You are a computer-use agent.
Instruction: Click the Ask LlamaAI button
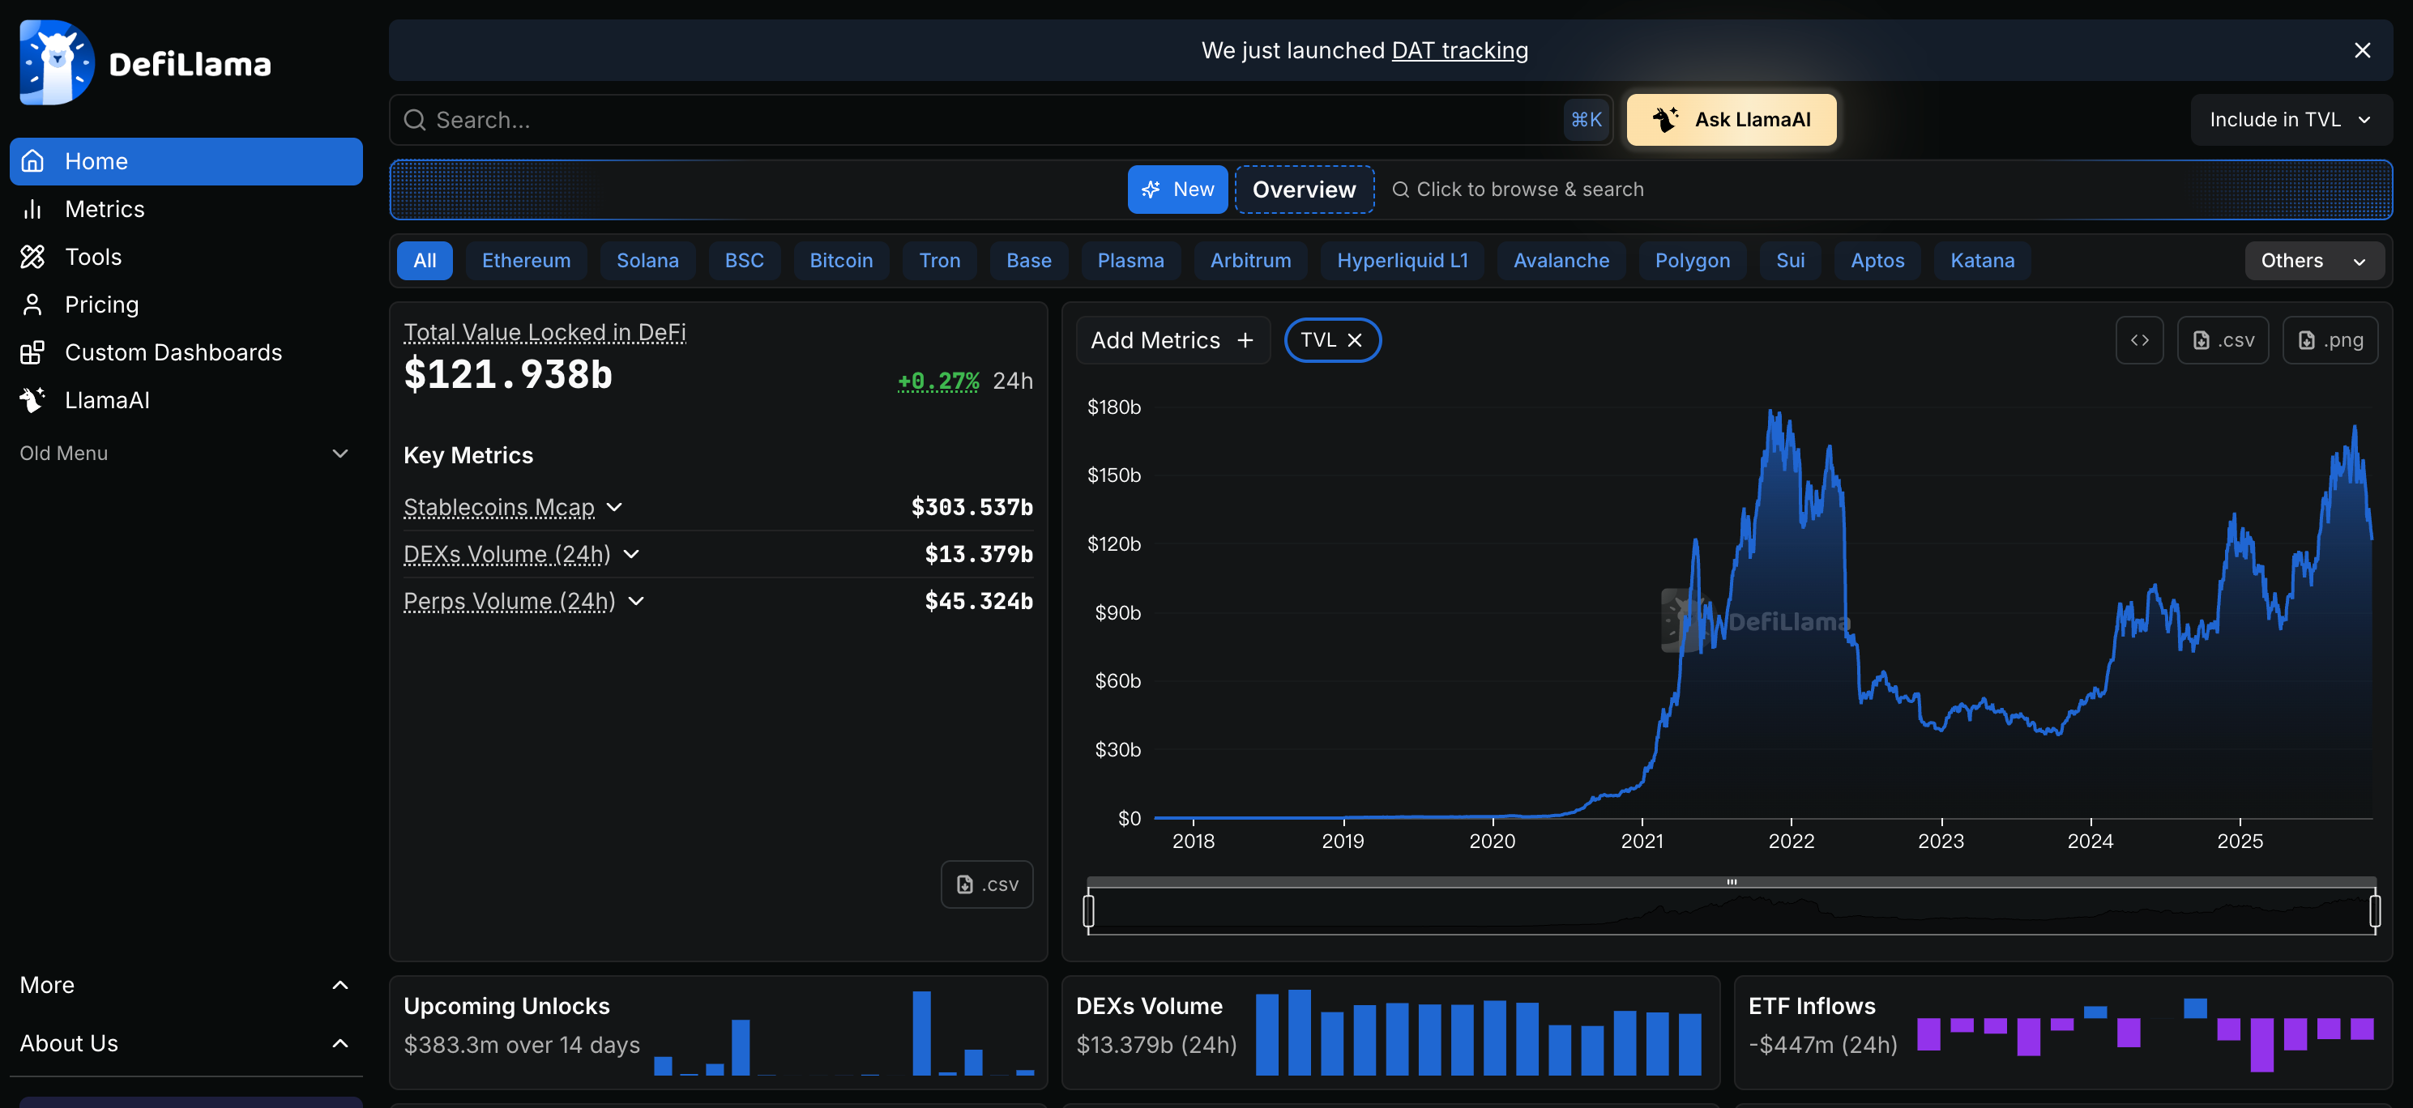click(1731, 120)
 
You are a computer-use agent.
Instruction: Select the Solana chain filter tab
click(647, 260)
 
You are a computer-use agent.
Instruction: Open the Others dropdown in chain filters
click(2312, 260)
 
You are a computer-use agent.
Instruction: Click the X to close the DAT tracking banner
click(2361, 50)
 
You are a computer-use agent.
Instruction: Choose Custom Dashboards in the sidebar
click(173, 352)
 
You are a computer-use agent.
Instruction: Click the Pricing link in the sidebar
click(101, 305)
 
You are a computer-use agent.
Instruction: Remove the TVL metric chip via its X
click(1355, 340)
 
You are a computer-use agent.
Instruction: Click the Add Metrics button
click(1172, 340)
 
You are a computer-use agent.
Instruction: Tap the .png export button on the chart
click(2330, 340)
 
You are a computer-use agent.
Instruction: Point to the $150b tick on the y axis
click(1114, 475)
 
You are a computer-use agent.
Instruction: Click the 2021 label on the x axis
click(1641, 841)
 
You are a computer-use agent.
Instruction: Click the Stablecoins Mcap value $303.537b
click(972, 507)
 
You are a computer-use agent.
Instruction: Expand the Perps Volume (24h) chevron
click(637, 600)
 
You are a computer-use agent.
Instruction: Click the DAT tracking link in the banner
click(1459, 50)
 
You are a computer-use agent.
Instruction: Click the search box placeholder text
click(484, 120)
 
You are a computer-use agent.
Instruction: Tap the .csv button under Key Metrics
click(986, 884)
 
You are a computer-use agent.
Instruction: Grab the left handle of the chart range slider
click(1088, 910)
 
